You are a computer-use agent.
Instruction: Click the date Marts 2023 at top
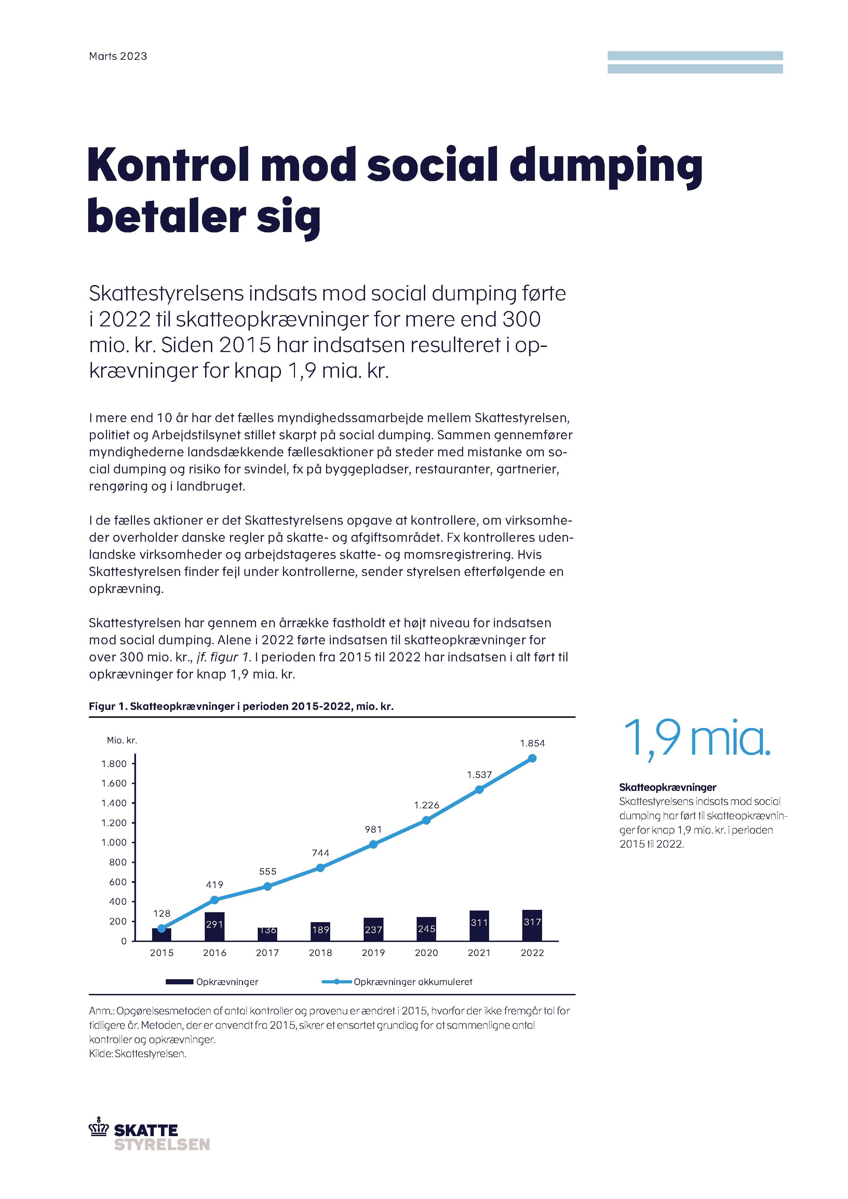point(118,56)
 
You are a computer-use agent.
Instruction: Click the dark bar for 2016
point(215,926)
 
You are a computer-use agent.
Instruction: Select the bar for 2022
point(532,925)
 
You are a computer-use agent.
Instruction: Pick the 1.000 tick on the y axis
point(114,842)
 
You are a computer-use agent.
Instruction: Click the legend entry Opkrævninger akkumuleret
point(413,982)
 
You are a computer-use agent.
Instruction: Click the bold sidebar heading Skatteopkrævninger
point(667,787)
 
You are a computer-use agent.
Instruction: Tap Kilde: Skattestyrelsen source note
point(137,1054)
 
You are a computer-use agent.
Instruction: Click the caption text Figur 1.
point(108,706)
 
